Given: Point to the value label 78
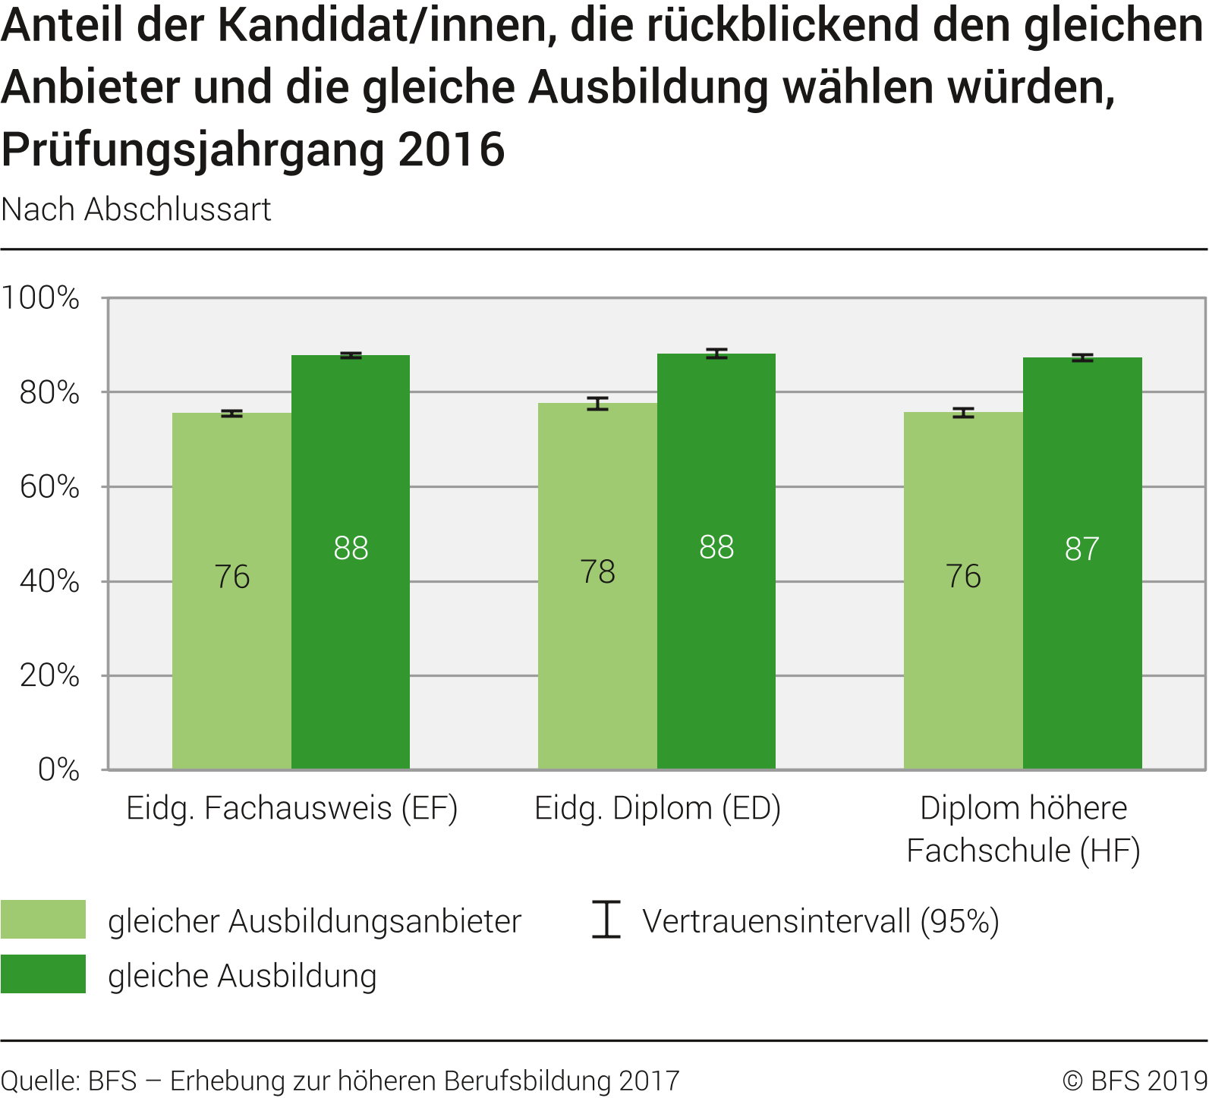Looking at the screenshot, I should (597, 572).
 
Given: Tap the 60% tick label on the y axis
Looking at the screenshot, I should (49, 487).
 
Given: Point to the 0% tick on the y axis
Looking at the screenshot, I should (58, 770).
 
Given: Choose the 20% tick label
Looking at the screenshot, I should (49, 675).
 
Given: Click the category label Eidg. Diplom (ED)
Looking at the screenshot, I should (657, 808).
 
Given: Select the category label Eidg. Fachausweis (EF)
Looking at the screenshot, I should (292, 808).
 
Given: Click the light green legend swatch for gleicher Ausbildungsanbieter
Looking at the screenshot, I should (43, 920).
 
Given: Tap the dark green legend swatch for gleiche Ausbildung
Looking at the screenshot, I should (43, 974).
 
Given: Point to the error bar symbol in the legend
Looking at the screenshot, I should (606, 920).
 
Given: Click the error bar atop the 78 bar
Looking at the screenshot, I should (597, 403).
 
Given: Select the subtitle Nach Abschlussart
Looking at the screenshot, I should (137, 209).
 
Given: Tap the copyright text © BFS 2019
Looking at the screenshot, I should (1135, 1081).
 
